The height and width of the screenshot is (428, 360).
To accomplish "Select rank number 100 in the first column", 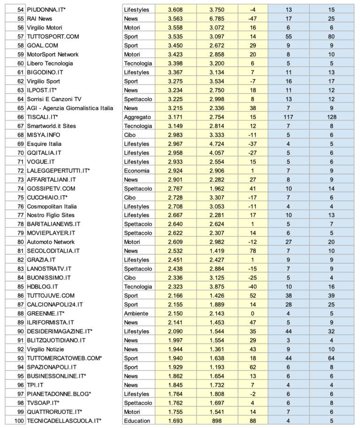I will coord(19,421).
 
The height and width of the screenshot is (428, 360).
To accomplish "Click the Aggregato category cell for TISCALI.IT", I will coord(138,117).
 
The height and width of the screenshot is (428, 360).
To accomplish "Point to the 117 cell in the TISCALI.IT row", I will coord(288,117).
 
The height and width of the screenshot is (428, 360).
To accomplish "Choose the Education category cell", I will coord(137,421).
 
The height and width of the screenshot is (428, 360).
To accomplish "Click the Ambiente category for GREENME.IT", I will coord(136,314).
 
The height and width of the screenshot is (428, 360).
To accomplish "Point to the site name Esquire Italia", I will coord(45,144).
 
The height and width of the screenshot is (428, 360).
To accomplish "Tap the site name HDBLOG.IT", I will coord(43,287).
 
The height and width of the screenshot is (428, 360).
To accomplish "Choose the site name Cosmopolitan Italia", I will coord(51,207).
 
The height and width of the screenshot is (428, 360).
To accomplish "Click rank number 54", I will coord(20,10).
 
